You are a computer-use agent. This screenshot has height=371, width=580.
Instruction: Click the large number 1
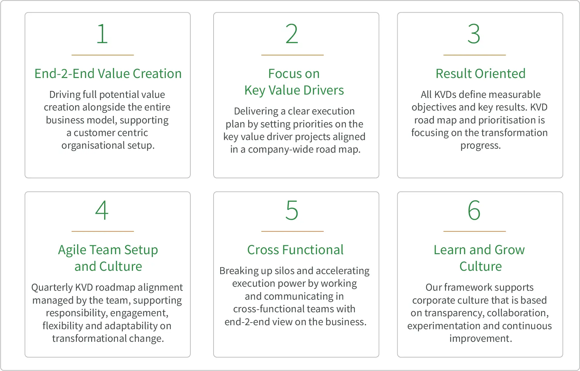[102, 34]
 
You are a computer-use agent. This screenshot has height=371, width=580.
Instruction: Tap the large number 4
[102, 210]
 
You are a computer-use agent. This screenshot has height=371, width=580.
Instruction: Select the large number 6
[474, 210]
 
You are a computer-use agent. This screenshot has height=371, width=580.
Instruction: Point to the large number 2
[292, 34]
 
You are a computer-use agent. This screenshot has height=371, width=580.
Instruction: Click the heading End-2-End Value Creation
[108, 74]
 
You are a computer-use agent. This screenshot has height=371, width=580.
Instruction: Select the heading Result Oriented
[481, 74]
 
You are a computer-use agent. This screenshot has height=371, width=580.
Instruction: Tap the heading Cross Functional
[295, 250]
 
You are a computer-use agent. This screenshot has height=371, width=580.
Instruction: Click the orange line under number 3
[475, 55]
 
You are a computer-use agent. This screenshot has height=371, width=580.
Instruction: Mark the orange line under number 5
[292, 231]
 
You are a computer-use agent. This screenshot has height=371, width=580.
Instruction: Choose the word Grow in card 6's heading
[510, 250]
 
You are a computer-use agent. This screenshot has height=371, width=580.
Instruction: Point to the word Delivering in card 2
[256, 111]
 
